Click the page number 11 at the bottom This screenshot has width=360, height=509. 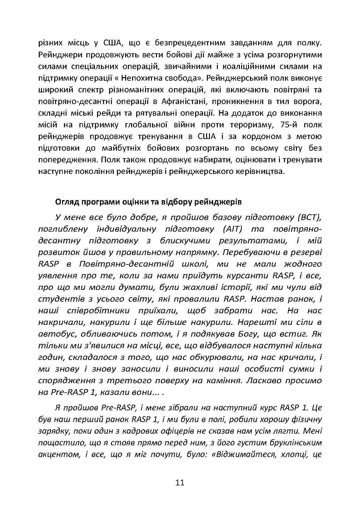pyautogui.click(x=180, y=483)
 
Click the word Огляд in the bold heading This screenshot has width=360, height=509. pyautogui.click(x=66, y=202)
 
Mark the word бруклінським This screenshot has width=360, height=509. pyautogui.click(x=296, y=442)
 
